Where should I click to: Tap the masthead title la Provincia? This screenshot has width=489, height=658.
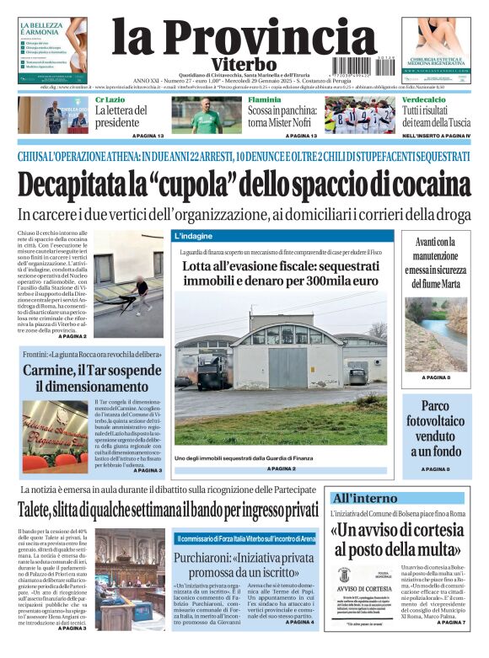point(232,37)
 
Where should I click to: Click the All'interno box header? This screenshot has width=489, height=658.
point(365,498)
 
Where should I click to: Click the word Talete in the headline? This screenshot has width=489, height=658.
point(41,511)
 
